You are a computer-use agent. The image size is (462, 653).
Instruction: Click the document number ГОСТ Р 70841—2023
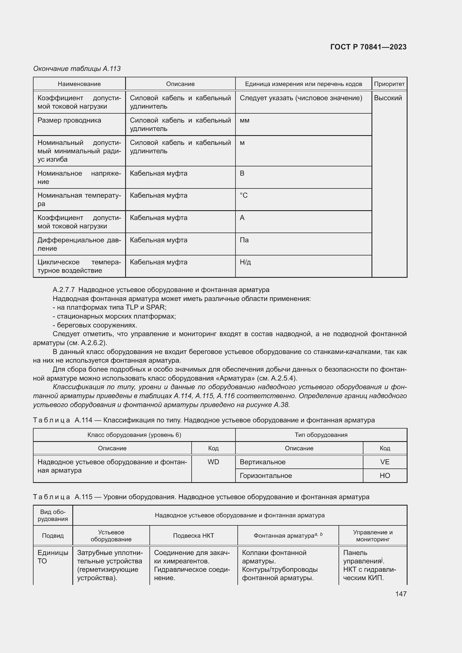(368, 47)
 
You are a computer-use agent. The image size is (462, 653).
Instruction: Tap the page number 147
(401, 594)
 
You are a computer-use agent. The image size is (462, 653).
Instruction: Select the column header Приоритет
(389, 84)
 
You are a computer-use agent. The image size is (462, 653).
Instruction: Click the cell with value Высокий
(388, 98)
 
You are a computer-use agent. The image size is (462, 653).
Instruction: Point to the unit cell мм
(244, 120)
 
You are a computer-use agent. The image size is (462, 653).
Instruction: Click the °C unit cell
(244, 195)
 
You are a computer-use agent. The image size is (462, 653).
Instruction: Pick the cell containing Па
(244, 240)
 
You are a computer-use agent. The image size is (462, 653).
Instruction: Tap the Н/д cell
(245, 262)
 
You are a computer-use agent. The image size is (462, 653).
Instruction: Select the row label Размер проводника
(69, 120)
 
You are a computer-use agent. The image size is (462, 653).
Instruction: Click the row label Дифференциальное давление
(79, 244)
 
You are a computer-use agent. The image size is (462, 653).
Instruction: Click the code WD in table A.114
(213, 462)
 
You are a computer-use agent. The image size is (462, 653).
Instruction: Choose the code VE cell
(385, 462)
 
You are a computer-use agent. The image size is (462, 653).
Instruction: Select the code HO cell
(385, 475)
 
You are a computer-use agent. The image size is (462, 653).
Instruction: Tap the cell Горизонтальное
(266, 475)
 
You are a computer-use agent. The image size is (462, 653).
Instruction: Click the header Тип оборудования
(321, 435)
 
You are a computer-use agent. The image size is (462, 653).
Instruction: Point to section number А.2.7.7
(64, 290)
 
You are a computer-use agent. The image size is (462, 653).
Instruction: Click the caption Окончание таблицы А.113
(77, 69)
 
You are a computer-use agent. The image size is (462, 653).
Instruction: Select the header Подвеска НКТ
(194, 535)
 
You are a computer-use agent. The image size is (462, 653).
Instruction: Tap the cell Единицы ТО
(53, 557)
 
